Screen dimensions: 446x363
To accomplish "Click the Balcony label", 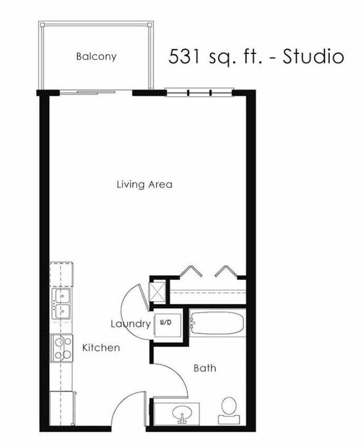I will coord(96,56).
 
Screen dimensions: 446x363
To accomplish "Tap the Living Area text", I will coord(144,184).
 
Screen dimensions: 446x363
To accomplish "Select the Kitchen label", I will coord(101,348).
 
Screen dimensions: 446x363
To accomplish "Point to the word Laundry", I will coord(130,323).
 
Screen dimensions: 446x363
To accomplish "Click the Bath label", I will coord(204,368).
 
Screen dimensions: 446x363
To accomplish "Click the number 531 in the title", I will coord(185,56).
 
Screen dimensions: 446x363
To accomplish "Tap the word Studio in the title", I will coord(313,56).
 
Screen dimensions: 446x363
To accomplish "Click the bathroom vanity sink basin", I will coord(183,412).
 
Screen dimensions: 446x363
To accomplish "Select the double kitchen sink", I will coord(61,304).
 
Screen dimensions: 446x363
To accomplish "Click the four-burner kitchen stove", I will coord(62,348).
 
